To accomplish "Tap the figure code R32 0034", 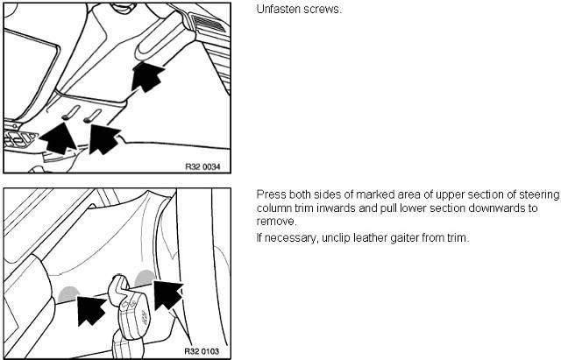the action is [202, 166].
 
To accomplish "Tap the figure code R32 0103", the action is [202, 351].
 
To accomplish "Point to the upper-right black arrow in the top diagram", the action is [146, 76].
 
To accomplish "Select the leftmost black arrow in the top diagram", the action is [58, 138].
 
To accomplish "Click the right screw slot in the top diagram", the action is [93, 116].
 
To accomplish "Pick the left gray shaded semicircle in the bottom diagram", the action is [69, 293].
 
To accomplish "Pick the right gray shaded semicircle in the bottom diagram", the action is [145, 278].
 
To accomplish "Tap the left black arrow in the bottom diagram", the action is [91, 309].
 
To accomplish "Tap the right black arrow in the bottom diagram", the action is [167, 294].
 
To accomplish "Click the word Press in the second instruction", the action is [271, 194].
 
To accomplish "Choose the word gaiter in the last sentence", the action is [404, 238].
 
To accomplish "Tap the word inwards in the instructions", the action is [330, 208].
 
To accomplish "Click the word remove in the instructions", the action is [275, 222].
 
